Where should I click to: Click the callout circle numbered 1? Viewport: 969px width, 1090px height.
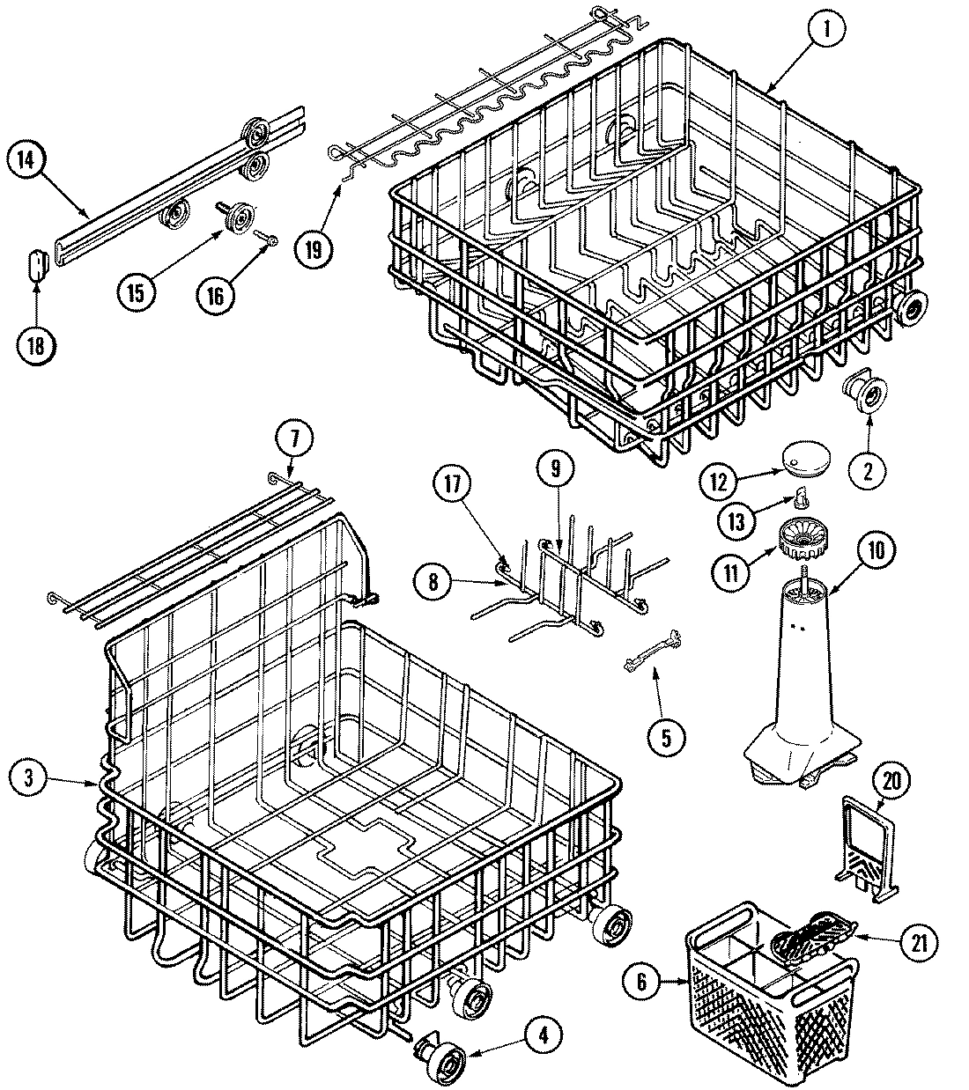click(x=826, y=27)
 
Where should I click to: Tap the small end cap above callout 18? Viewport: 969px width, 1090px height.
click(x=36, y=263)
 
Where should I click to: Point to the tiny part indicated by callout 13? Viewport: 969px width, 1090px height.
click(x=799, y=499)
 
